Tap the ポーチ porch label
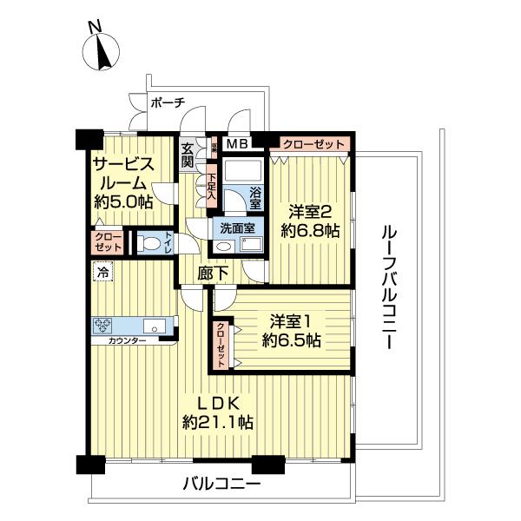[x=168, y=102]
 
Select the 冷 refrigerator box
[x=103, y=273]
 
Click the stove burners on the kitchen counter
[x=105, y=327]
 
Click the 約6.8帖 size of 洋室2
[x=309, y=231]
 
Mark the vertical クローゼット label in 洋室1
[x=221, y=343]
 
